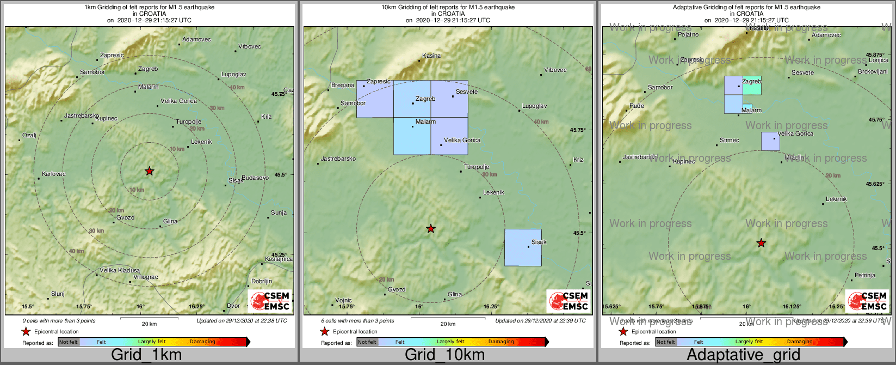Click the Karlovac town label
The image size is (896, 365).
tap(53, 174)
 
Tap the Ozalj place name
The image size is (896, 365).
tap(29, 135)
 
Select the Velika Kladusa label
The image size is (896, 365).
tap(120, 270)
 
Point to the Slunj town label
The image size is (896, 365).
tap(58, 294)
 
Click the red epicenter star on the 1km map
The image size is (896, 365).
tap(150, 171)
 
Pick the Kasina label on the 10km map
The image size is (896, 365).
tap(431, 56)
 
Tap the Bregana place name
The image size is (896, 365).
tap(343, 86)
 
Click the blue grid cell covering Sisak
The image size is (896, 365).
tap(523, 247)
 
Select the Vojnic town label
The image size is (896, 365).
tap(343, 300)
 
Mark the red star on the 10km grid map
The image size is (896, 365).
tap(431, 229)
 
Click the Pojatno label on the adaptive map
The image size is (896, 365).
tap(688, 35)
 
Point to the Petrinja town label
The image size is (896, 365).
tap(864, 275)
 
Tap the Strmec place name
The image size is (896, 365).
tap(729, 140)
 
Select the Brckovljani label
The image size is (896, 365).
tap(873, 71)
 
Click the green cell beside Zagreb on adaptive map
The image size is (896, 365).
tap(752, 86)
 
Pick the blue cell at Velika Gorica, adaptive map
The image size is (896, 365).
tap(770, 141)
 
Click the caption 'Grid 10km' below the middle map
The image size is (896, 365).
tap(444, 355)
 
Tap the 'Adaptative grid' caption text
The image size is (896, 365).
tap(743, 355)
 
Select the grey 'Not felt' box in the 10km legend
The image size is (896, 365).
tap(367, 342)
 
